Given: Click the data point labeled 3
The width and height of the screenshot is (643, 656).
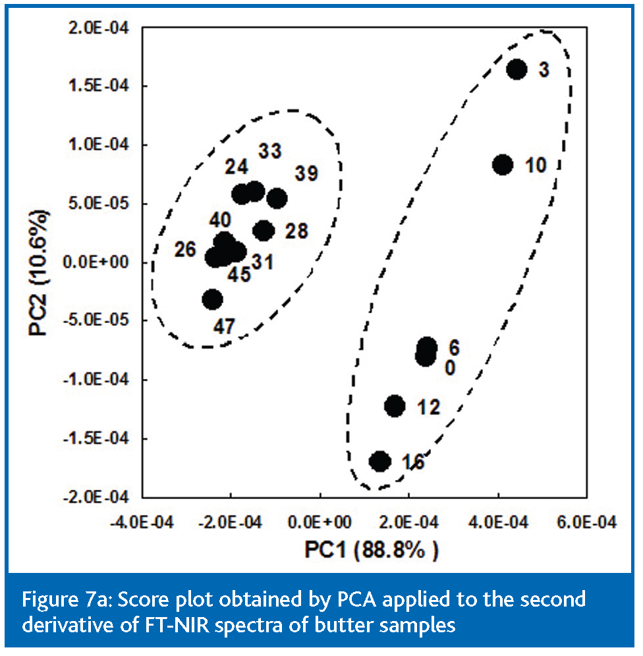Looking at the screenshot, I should [x=517, y=69].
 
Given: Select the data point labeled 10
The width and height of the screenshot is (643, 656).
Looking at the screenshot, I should [x=503, y=164].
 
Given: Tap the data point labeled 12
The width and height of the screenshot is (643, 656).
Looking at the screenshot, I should [x=395, y=406].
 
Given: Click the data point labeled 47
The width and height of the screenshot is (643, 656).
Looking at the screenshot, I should [x=212, y=299].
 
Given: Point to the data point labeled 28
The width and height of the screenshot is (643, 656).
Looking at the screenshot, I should [x=264, y=230].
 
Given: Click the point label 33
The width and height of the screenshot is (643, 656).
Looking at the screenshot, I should [x=271, y=151].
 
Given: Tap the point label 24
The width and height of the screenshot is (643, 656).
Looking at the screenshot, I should [x=237, y=165].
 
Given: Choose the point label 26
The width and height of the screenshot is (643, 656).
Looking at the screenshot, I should [x=186, y=250].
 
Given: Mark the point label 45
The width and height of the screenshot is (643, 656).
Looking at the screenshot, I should [x=239, y=274].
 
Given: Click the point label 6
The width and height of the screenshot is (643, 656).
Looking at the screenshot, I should [x=453, y=347].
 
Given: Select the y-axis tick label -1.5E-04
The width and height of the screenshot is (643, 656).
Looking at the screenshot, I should [x=102, y=438].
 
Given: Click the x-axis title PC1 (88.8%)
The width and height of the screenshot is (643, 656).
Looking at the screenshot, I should [x=371, y=549].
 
